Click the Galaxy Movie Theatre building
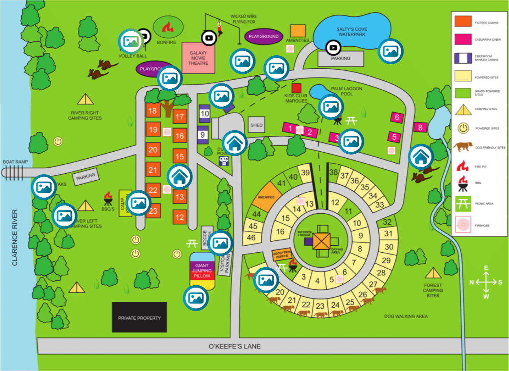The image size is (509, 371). (198, 57)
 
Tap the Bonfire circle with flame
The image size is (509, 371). (168, 28)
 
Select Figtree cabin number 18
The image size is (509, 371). (153, 111)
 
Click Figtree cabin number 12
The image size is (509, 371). (180, 217)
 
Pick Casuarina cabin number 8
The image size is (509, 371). (421, 127)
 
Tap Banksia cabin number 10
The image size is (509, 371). (204, 113)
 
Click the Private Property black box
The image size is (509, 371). (139, 317)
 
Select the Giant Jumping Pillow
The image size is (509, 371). (202, 271)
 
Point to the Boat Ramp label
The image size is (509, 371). (15, 161)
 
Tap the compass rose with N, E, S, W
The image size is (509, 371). (485, 282)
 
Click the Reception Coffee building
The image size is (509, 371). (282, 255)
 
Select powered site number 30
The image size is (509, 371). (389, 247)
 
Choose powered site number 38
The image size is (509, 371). (333, 172)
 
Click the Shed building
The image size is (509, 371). (257, 125)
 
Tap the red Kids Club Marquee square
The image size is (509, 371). (296, 88)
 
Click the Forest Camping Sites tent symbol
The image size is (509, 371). (433, 273)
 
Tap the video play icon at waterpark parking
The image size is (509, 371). (333, 48)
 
